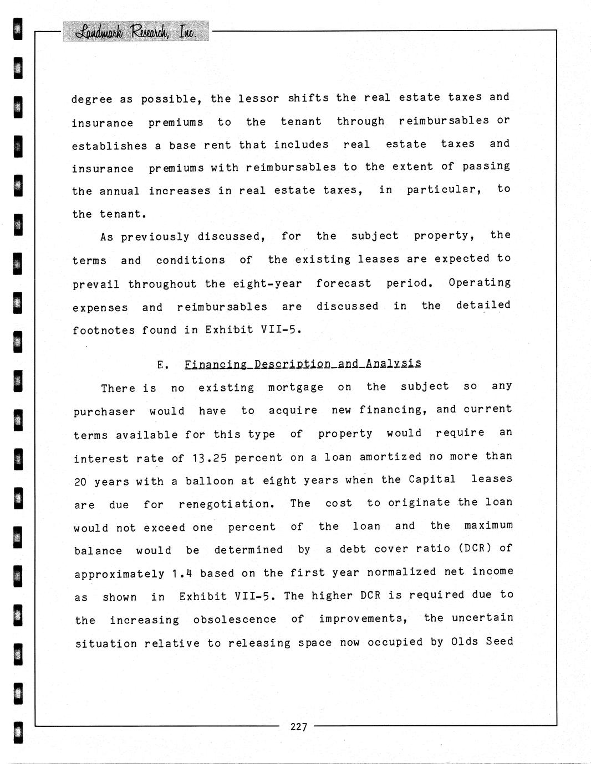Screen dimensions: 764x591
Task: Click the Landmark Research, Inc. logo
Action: (x=136, y=32)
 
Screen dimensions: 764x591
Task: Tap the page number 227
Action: (x=298, y=727)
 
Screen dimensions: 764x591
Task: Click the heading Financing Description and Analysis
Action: (x=303, y=364)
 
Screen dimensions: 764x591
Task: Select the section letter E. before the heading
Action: (x=162, y=365)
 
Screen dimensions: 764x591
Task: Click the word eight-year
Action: (x=267, y=284)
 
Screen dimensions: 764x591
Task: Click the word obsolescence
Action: (x=235, y=620)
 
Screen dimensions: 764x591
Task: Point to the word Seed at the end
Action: (x=500, y=642)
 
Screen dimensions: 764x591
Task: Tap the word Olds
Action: (x=465, y=642)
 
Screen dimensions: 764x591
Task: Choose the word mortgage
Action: (x=295, y=388)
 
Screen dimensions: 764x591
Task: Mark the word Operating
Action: (x=480, y=282)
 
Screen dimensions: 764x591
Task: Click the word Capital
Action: (x=432, y=479)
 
